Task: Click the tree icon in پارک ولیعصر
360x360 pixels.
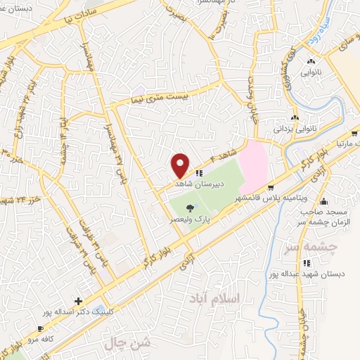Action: [190, 207]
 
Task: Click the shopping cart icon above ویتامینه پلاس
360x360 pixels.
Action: [271, 188]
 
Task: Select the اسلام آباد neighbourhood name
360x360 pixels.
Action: [214, 299]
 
